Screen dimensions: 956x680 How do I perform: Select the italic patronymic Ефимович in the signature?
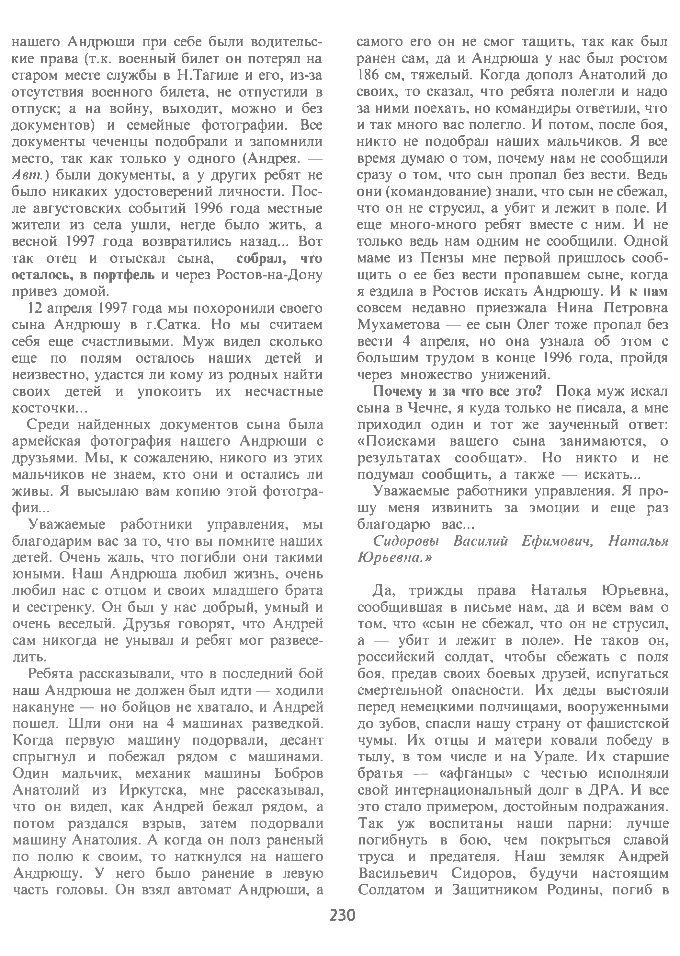click(557, 542)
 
